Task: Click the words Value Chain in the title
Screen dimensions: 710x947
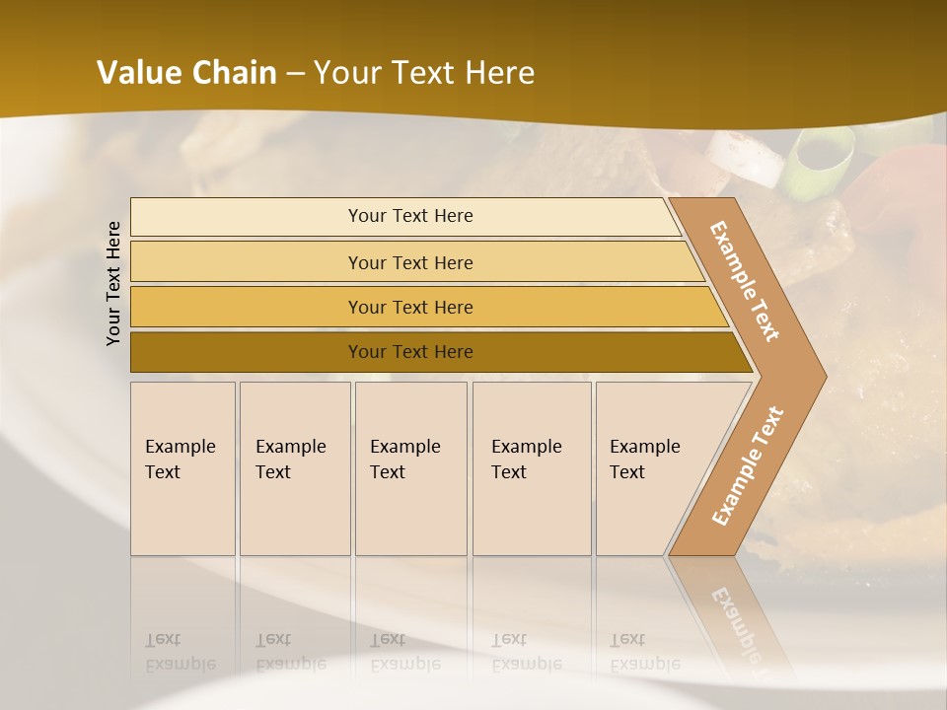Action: pyautogui.click(x=186, y=73)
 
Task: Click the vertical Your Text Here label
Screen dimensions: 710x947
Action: pyautogui.click(x=114, y=283)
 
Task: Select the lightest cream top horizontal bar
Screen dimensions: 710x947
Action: pyautogui.click(x=247, y=217)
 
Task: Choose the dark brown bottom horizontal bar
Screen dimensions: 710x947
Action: pyautogui.click(x=247, y=352)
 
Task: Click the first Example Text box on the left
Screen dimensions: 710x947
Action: pyautogui.click(x=182, y=468)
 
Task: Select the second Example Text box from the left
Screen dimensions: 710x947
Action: pyautogui.click(x=295, y=468)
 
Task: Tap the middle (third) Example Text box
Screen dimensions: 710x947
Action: pyautogui.click(x=410, y=468)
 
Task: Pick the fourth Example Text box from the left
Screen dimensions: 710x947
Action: pyautogui.click(x=532, y=468)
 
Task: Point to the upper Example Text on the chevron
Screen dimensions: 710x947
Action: pyautogui.click(x=745, y=281)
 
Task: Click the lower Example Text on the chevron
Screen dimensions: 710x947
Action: pyautogui.click(x=747, y=466)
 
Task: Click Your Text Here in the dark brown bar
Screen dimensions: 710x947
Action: pyautogui.click(x=410, y=352)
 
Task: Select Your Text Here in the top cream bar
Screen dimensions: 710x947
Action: pyautogui.click(x=410, y=216)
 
